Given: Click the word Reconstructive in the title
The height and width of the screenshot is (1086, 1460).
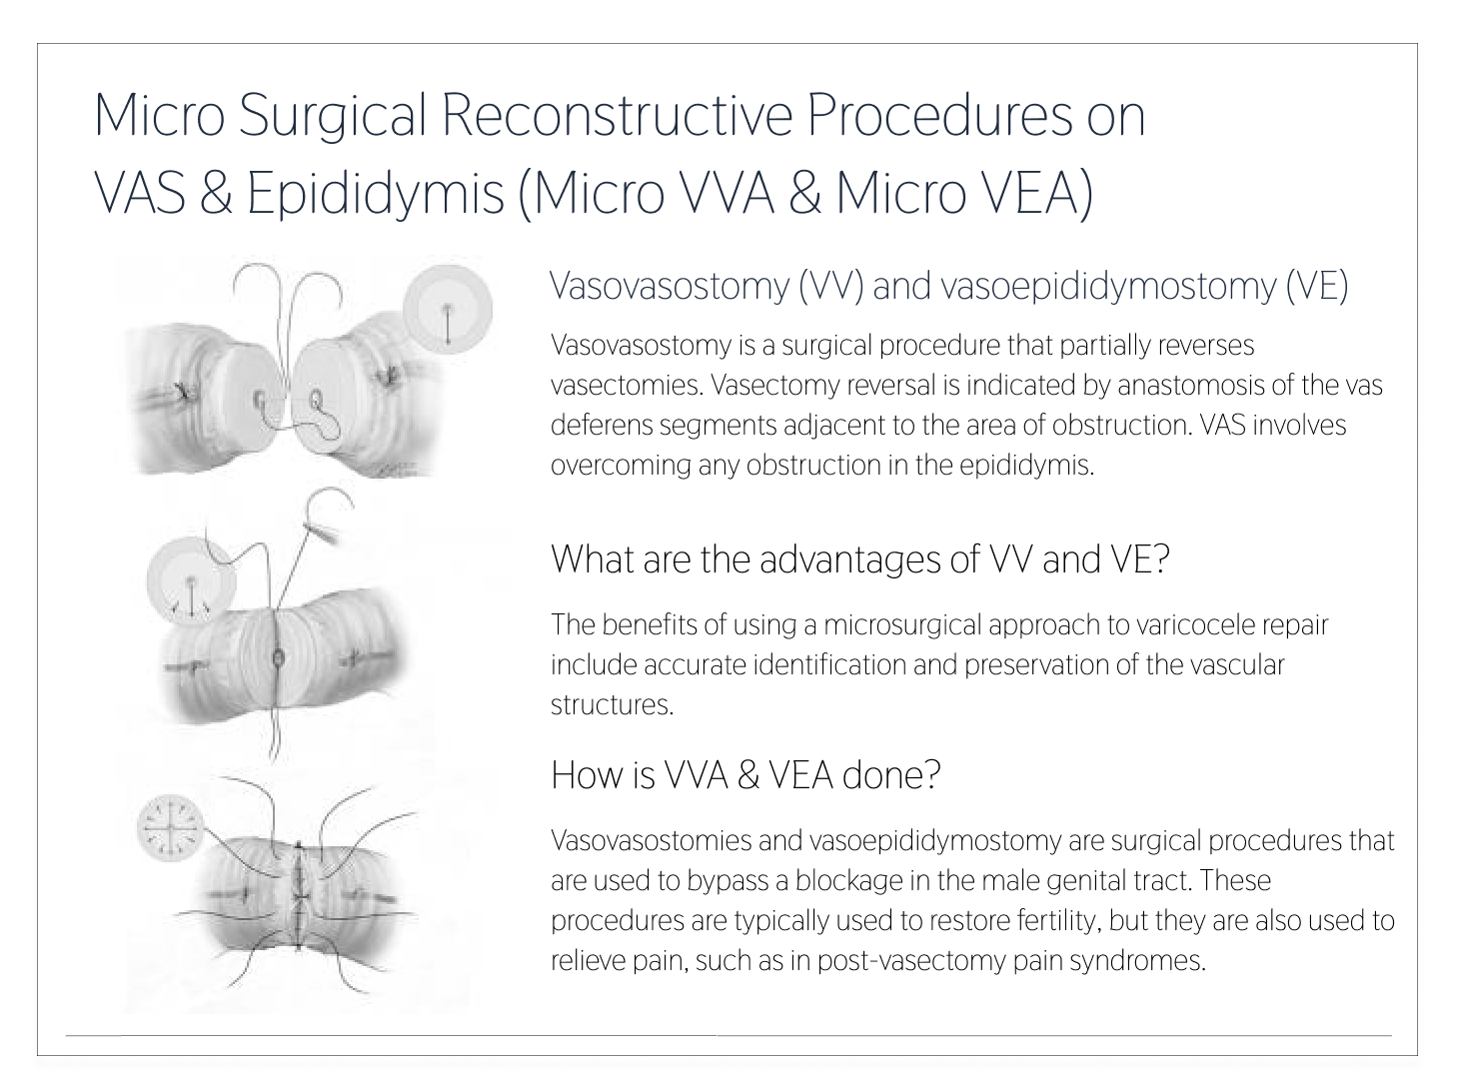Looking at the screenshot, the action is (x=617, y=116).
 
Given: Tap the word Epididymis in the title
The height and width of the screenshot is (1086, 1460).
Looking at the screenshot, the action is (x=375, y=194).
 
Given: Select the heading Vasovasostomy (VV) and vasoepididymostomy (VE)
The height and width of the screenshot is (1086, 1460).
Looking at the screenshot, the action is (x=949, y=286).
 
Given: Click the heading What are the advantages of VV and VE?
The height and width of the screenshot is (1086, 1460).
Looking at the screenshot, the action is (x=859, y=559).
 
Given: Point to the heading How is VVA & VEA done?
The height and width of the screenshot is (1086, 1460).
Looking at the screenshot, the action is (x=745, y=774).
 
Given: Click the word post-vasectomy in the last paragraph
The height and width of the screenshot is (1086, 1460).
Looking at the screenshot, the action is (x=911, y=961).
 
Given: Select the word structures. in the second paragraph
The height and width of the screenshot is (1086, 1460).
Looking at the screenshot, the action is (x=613, y=705).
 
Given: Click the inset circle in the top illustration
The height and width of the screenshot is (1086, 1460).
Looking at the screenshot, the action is (x=448, y=310).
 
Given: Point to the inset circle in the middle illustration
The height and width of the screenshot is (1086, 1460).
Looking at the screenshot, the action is (x=192, y=581).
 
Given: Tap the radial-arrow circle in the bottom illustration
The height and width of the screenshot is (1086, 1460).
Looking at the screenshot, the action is (x=171, y=828).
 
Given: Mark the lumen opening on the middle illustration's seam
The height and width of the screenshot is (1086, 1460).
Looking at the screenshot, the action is (x=278, y=657).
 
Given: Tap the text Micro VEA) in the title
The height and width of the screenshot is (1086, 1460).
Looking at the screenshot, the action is (x=964, y=194).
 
